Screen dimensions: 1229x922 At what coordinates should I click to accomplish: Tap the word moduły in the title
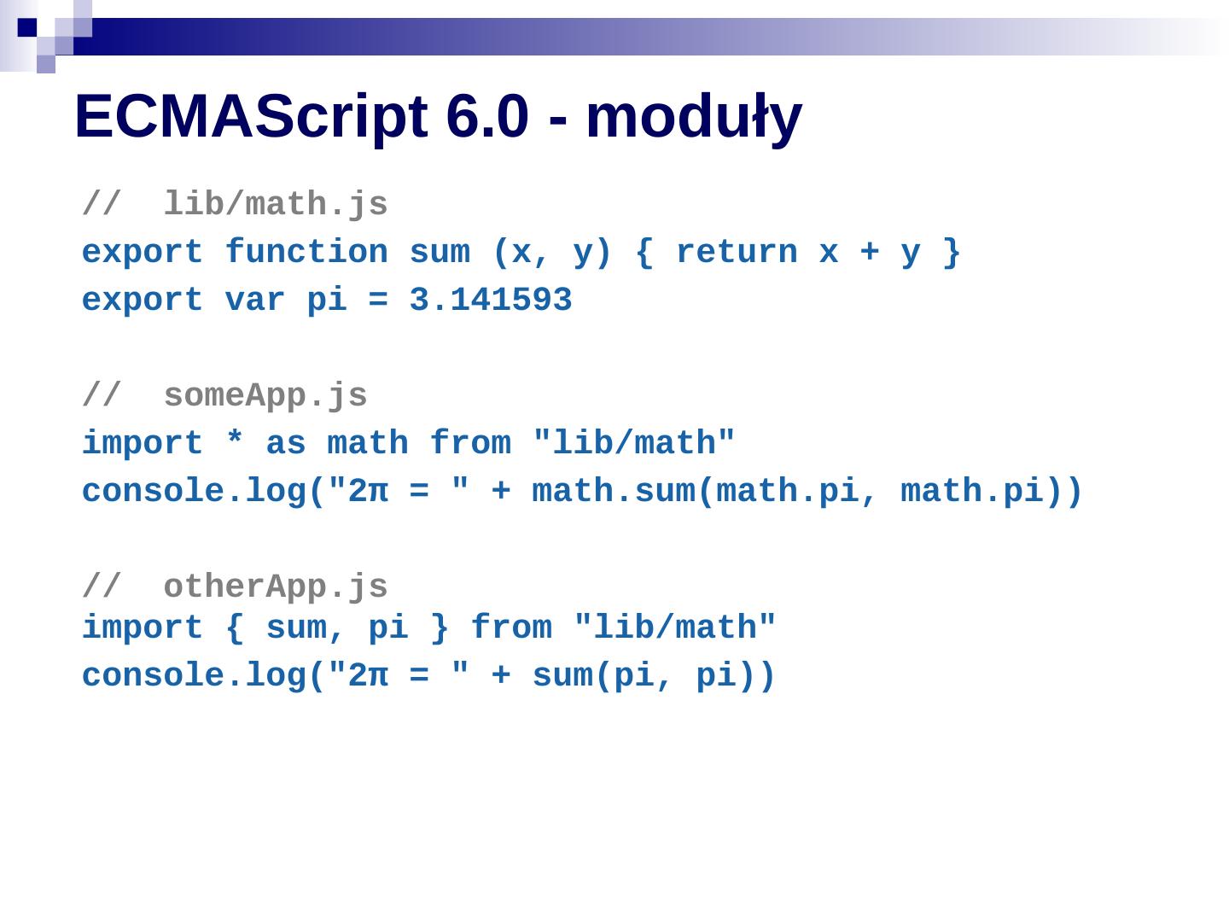click(x=693, y=117)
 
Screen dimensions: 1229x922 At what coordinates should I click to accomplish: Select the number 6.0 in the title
click(x=487, y=117)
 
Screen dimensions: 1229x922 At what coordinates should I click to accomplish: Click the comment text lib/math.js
click(x=276, y=205)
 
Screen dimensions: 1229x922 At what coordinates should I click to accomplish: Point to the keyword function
click(x=306, y=253)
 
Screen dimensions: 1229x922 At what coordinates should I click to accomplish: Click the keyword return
click(x=737, y=253)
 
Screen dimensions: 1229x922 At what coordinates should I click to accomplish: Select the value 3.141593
click(x=491, y=301)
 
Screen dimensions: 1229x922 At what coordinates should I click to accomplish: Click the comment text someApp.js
click(x=265, y=396)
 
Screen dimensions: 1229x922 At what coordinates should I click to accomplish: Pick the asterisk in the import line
click(x=235, y=442)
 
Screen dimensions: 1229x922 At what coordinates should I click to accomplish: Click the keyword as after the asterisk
click(x=286, y=444)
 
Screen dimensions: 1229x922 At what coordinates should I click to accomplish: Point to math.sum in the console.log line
click(x=614, y=492)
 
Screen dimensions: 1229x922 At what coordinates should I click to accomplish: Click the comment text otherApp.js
click(x=276, y=587)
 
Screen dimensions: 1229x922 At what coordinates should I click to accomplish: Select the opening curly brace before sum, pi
click(x=235, y=628)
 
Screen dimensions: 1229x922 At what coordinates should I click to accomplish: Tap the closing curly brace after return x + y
click(x=952, y=253)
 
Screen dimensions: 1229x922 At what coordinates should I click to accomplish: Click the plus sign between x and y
click(x=870, y=253)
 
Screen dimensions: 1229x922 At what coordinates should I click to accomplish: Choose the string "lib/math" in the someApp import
click(x=634, y=444)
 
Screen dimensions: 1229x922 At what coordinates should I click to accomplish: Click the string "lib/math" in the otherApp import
click(x=675, y=628)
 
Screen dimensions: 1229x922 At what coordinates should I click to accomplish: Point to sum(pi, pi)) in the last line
click(x=654, y=676)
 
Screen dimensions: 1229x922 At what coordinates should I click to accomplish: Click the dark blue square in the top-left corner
click(x=27, y=27)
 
